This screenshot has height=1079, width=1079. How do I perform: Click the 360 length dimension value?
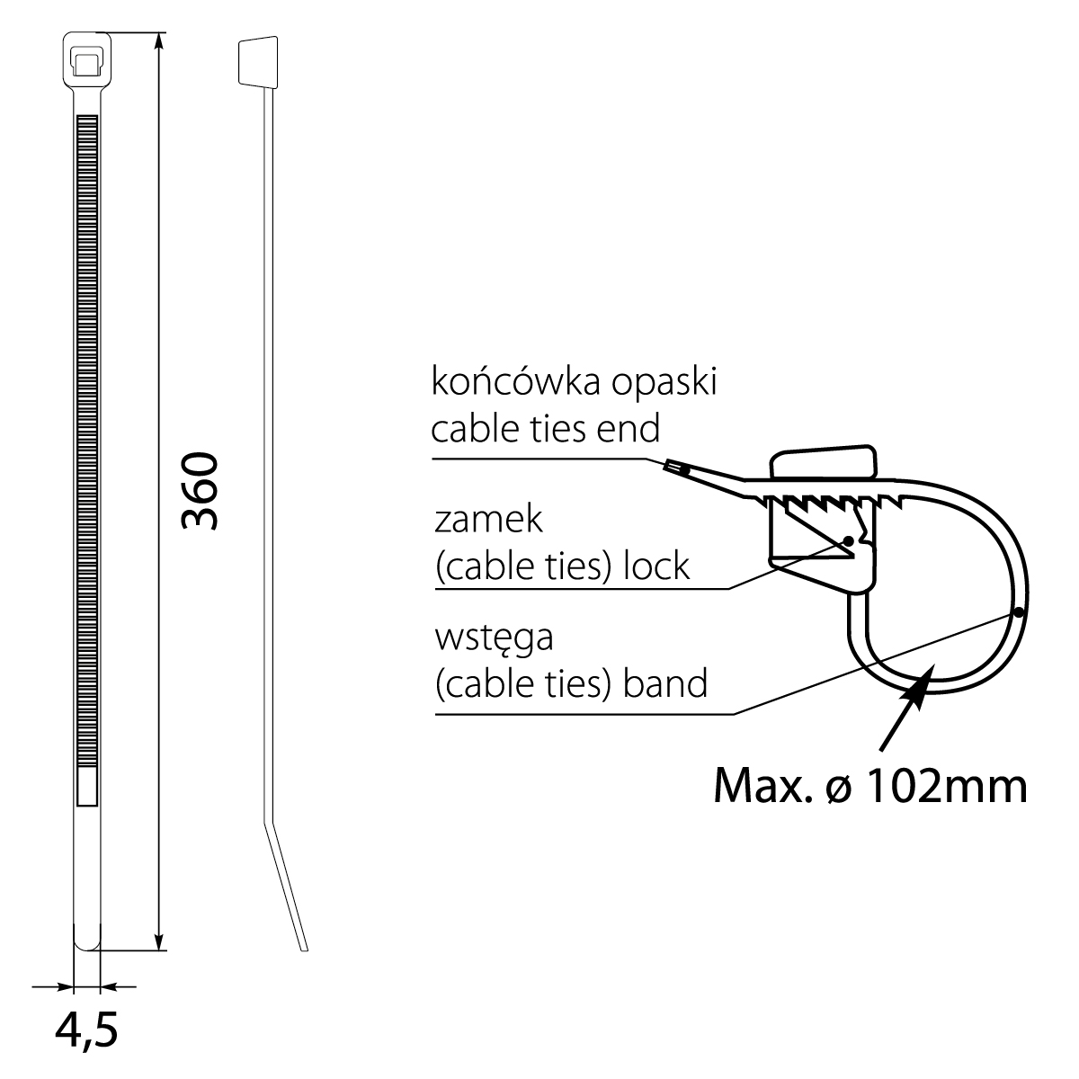200,491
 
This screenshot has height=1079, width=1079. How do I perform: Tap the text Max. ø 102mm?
869,786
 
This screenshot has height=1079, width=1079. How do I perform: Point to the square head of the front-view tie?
86,58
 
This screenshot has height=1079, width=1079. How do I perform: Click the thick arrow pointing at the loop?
903,715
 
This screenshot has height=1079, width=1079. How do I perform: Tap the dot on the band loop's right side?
1018,611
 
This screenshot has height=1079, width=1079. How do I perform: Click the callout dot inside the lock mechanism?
848,541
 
